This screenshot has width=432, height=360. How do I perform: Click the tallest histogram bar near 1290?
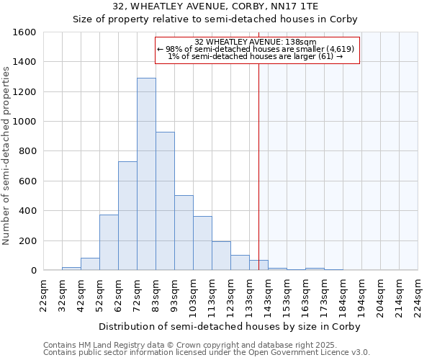(146, 174)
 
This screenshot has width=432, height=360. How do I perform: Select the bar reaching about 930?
(165, 201)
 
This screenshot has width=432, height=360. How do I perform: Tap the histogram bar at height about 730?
(127, 216)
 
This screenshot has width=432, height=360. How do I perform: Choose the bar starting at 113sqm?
(221, 256)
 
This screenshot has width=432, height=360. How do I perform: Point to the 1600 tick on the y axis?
(24, 32)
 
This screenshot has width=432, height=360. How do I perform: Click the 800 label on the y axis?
(27, 151)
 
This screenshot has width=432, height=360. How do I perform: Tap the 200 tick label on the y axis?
(27, 240)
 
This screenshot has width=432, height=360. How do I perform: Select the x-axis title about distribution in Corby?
(229, 326)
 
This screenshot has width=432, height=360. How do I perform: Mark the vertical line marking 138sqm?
(258, 166)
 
